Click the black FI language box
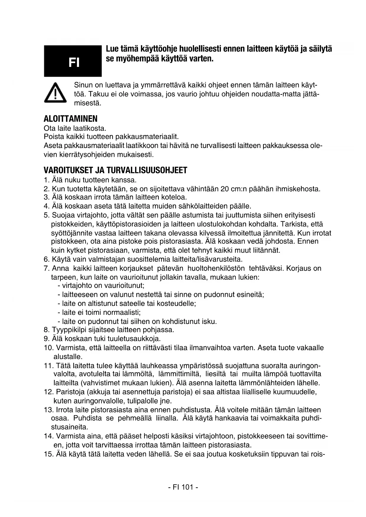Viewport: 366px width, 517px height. pyautogui.click(x=73, y=61)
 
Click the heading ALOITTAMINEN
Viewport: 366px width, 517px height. pyautogui.click(x=70, y=119)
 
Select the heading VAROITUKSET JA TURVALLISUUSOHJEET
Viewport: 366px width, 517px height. pyautogui.click(x=115, y=170)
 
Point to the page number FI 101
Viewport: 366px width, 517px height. pyautogui.click(x=183, y=487)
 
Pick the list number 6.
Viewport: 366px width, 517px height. pyautogui.click(x=46, y=260)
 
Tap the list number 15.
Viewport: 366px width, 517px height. pyautogui.click(x=48, y=454)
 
